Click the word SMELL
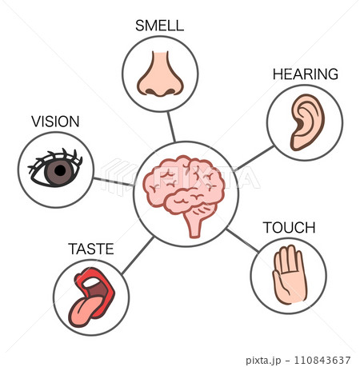pos(159,26)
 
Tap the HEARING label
pos(306,74)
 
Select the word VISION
pos(55,122)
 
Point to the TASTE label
pos(91,249)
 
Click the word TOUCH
pos(290,228)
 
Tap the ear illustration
pos(306,122)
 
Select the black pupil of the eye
pos(60,170)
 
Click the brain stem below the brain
pos(197,222)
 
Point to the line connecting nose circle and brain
pos(171,127)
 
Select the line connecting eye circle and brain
pos(114,182)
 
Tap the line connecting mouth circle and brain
pos(138,255)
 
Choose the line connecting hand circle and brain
pos(242,240)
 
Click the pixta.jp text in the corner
pos(263,361)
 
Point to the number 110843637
pos(322,360)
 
